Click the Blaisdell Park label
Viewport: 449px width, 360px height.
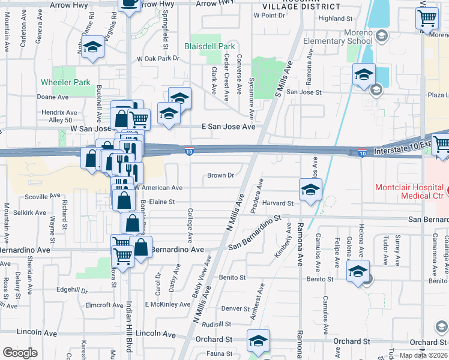209,46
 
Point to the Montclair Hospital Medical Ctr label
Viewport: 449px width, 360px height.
409,191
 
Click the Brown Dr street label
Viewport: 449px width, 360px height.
220,175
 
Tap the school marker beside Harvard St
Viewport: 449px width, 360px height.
310,190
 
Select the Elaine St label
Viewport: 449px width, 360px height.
161,202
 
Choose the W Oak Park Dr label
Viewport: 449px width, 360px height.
158,59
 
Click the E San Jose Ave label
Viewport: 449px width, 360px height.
228,127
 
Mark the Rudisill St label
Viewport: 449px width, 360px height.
217,324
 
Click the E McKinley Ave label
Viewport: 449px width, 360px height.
167,304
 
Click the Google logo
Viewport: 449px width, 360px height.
20,353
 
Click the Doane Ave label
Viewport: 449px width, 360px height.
53,97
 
